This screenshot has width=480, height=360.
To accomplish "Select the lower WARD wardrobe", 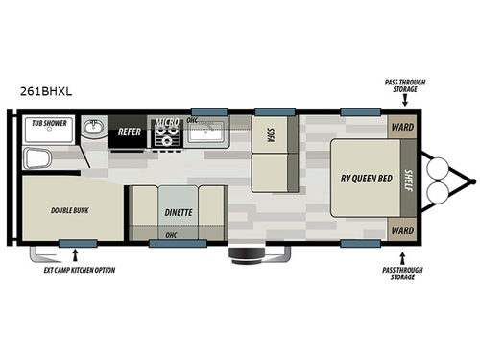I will coord(401,229).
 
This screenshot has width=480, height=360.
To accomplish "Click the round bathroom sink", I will coord(93,127).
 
